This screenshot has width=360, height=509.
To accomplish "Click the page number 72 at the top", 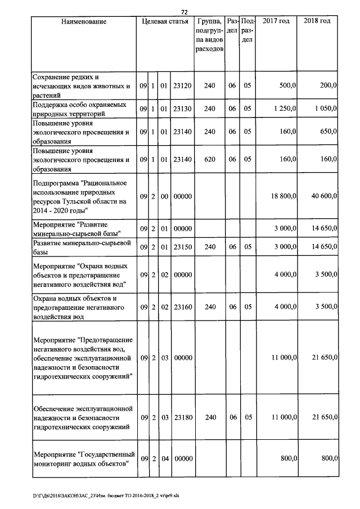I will (184, 12).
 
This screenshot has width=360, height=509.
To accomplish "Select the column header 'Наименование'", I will (84, 21).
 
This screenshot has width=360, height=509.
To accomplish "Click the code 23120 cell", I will (183, 86).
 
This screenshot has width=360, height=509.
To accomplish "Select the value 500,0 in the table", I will (287, 86).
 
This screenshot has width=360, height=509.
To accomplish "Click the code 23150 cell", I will (183, 247).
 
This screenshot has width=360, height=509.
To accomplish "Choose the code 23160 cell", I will (183, 307).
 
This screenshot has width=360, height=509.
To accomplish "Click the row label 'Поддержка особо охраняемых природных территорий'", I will (78, 109).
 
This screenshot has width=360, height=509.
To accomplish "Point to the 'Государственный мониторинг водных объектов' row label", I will (84, 459).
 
